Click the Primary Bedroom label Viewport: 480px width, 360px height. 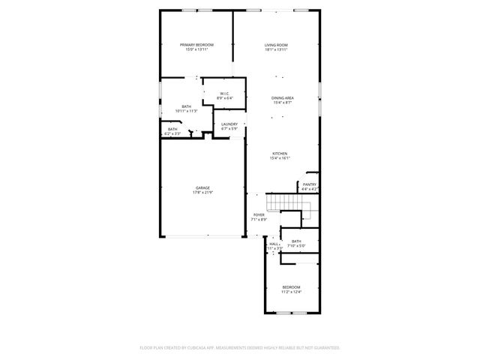click(196, 45)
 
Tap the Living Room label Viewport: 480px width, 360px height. click(276, 45)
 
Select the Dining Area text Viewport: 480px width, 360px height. click(282, 98)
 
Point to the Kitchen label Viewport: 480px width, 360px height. click(279, 154)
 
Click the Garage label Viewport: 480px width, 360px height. click(202, 187)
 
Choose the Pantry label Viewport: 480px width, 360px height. click(309, 184)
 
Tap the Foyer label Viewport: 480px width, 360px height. click(259, 214)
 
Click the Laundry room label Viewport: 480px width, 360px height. click(229, 124)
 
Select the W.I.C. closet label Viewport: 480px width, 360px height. click(225, 94)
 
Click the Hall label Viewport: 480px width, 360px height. click(274, 243)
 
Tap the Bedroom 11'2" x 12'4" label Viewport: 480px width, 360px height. click(291, 287)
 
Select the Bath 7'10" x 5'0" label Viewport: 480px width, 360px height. click(296, 241)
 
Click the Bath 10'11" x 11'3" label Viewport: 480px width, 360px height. click(186, 106)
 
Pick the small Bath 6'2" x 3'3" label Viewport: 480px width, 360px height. click(172, 130)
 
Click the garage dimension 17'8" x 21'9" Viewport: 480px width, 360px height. click(202, 193)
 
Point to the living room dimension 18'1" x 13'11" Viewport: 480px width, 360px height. click(276, 49)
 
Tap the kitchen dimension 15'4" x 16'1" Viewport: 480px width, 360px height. click(279, 158)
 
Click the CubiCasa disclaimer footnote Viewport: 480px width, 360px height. click(240, 347)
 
